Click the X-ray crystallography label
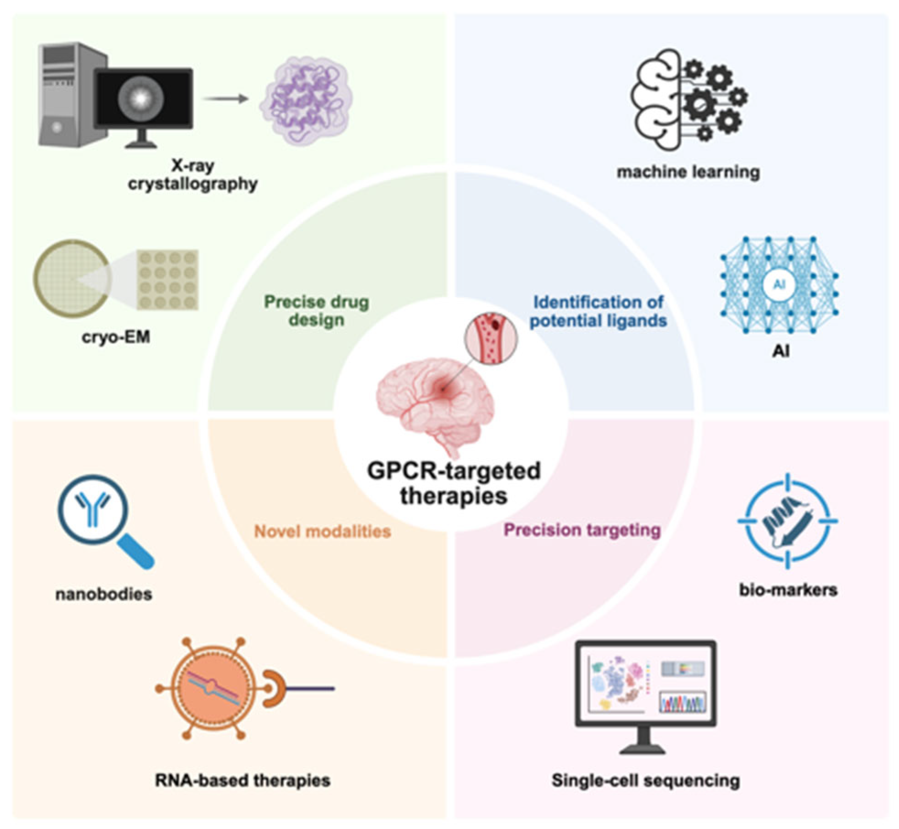(x=193, y=175)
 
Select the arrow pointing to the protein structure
(x=225, y=98)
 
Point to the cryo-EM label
(x=116, y=337)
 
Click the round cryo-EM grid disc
(x=72, y=279)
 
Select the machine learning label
(x=688, y=172)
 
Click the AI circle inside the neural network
(x=779, y=285)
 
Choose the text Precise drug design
(x=317, y=310)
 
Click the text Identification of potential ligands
(x=598, y=311)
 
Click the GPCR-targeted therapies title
(x=454, y=483)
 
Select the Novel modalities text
(x=323, y=531)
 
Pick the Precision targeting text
(x=582, y=530)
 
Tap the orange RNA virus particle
(x=210, y=688)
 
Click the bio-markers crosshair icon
(x=787, y=521)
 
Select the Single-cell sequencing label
(x=646, y=780)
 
